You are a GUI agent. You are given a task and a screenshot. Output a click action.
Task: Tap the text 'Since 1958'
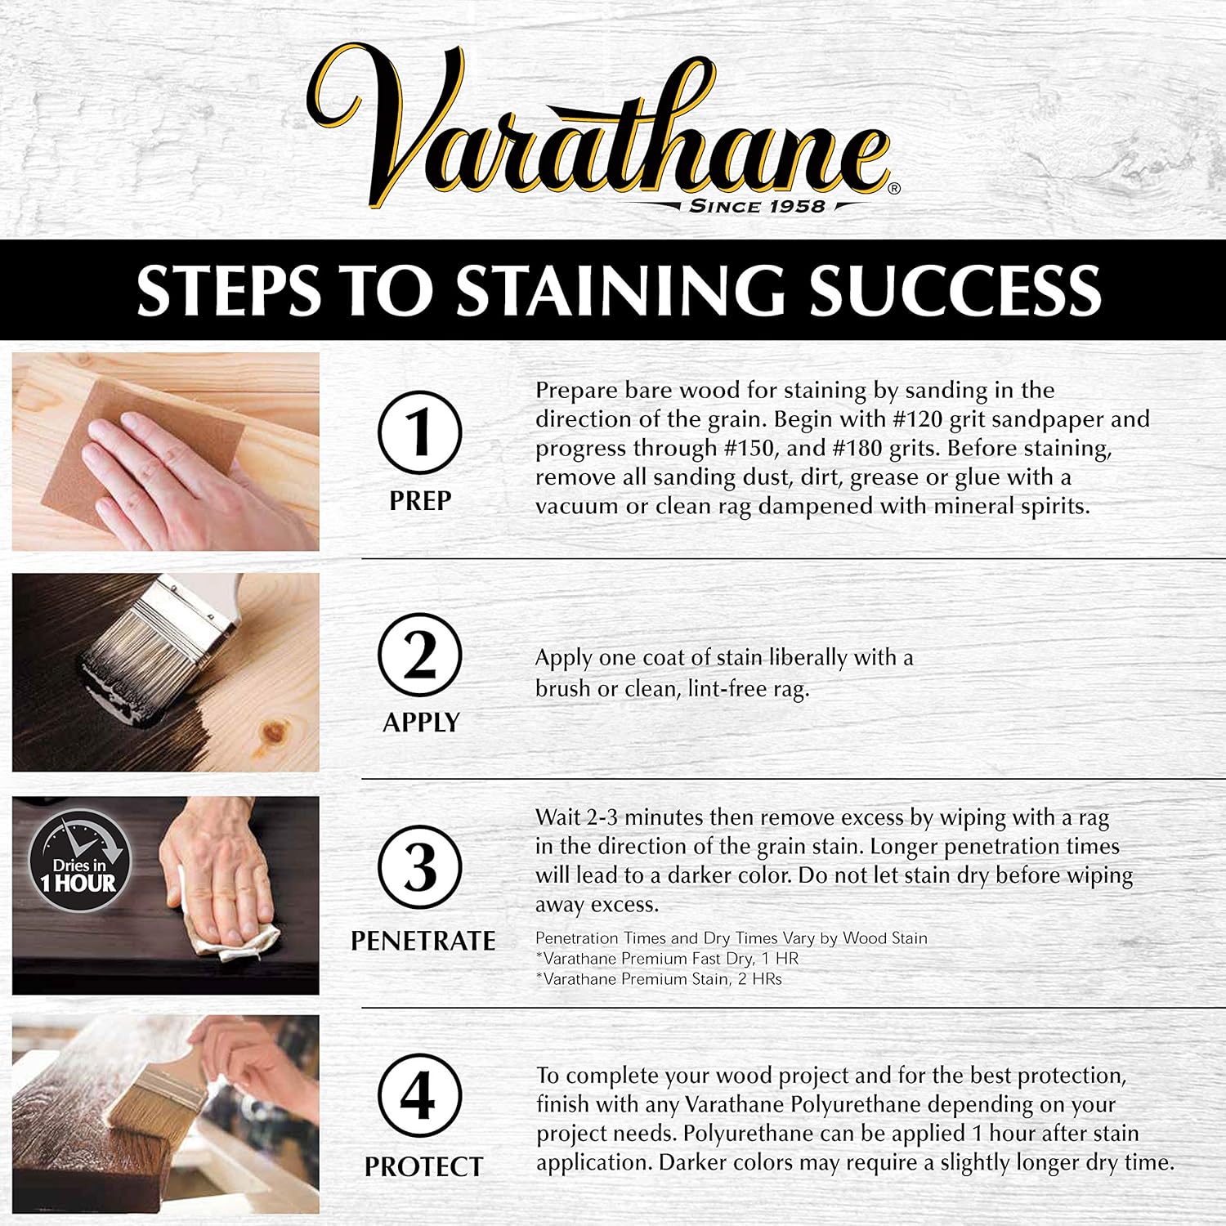point(757,206)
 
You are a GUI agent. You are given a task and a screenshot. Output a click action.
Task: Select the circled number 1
point(420,433)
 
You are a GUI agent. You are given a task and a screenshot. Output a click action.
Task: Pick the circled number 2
point(420,656)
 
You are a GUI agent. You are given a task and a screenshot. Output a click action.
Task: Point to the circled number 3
point(420,868)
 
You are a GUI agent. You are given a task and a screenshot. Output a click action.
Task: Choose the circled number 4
point(420,1096)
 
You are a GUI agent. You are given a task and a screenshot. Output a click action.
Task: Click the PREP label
point(420,500)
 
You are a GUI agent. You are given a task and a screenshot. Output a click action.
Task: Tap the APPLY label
point(421,723)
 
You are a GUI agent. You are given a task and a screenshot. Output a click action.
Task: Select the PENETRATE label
point(423,941)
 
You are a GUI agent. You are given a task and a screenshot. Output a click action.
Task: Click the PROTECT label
point(423,1167)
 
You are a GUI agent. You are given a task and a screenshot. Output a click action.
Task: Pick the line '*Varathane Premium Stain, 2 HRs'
point(659,979)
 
